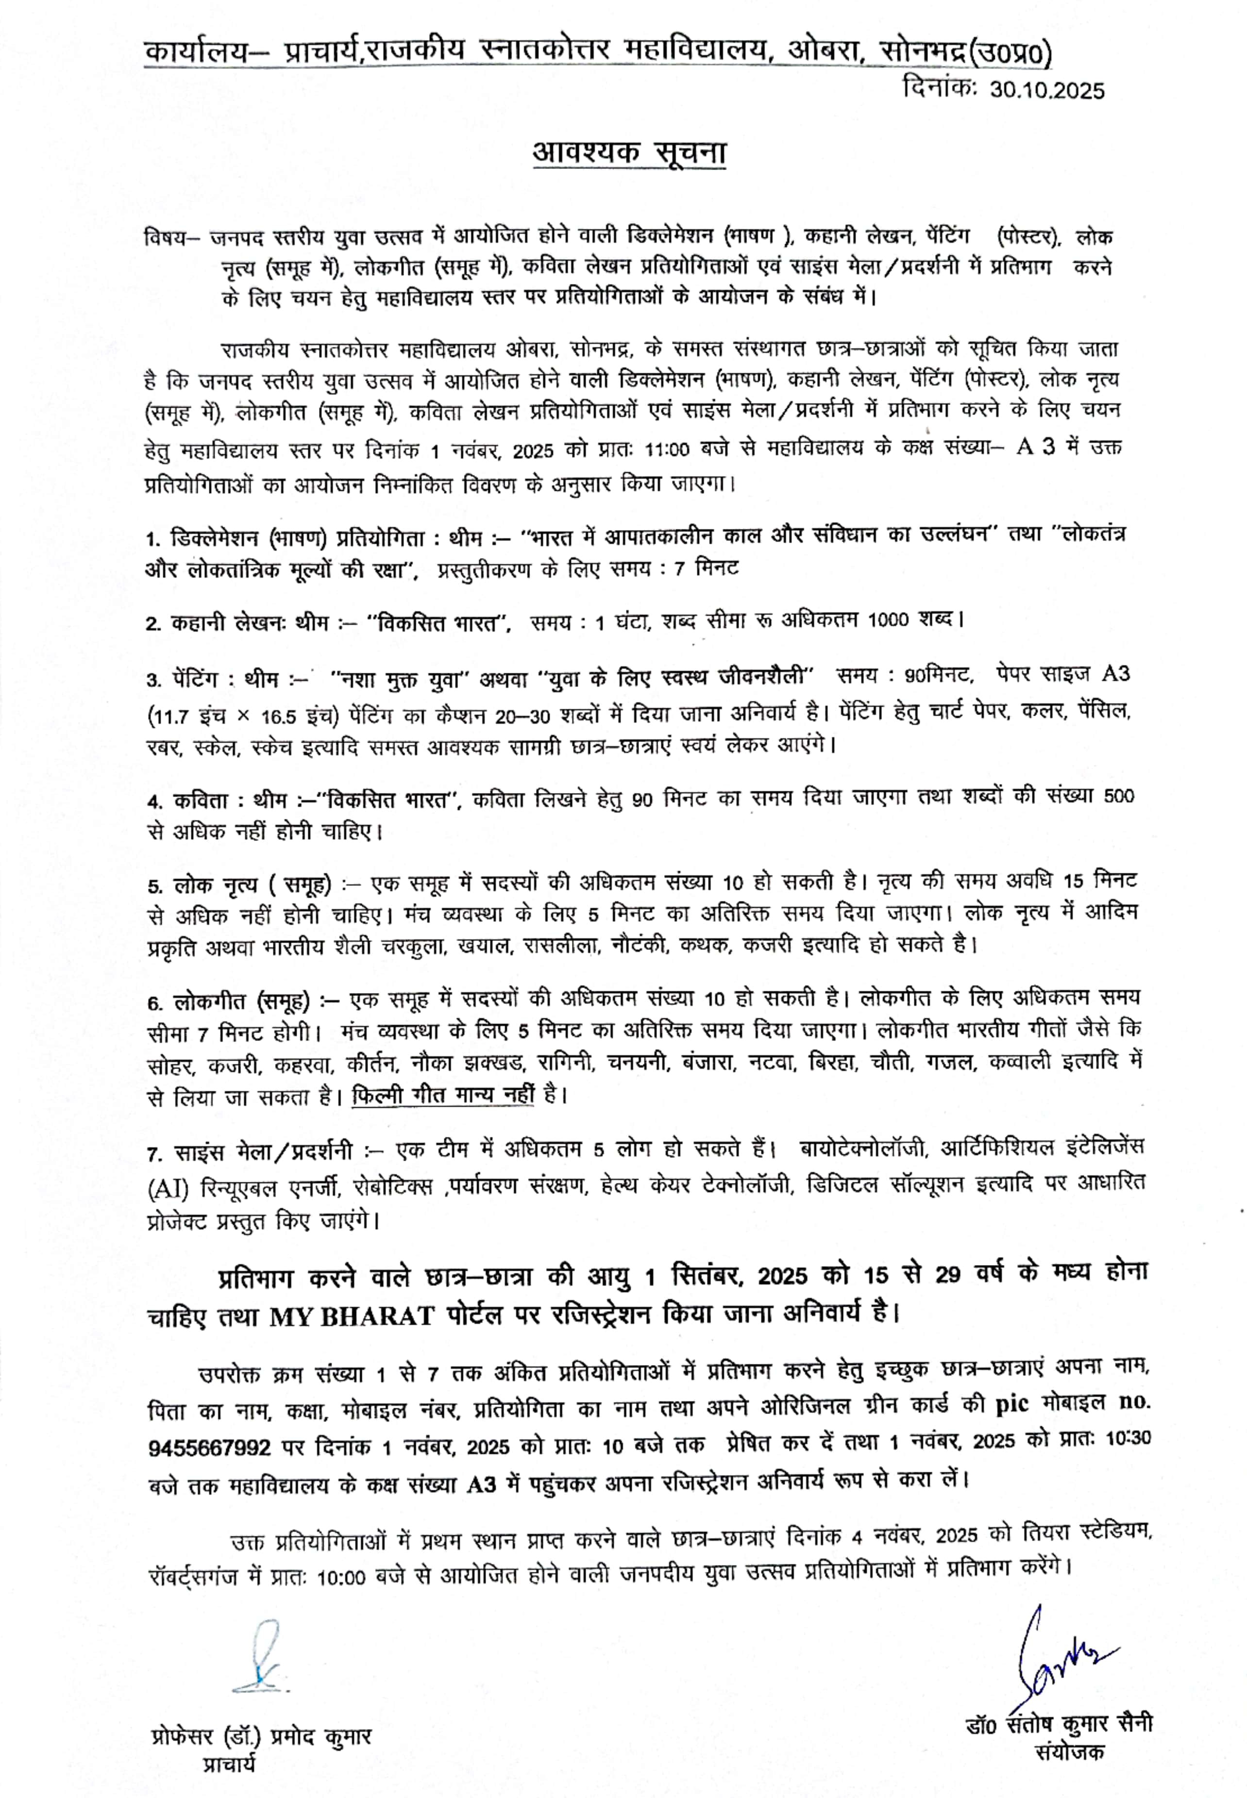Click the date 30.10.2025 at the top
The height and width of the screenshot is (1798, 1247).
[x=1047, y=91]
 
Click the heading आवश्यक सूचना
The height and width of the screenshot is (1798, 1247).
[x=629, y=153]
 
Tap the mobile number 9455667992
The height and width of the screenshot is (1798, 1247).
[x=209, y=1448]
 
